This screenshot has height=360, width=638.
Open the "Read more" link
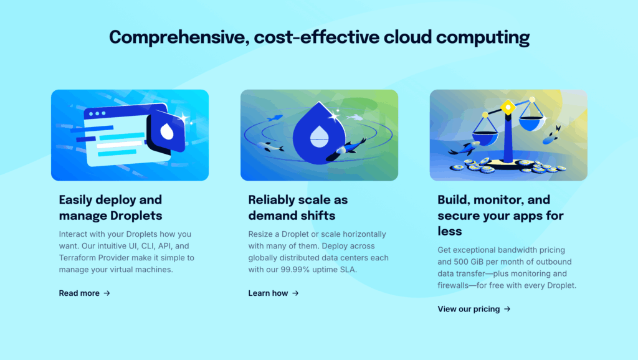(79, 293)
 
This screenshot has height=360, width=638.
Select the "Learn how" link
(268, 293)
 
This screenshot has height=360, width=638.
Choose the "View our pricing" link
(469, 309)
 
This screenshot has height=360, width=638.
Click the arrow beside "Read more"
(107, 293)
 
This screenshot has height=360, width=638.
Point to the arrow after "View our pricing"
(507, 309)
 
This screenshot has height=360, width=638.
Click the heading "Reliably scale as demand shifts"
(298, 208)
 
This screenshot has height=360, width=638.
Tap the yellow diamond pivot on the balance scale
(508, 107)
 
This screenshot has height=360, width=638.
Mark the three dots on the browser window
(98, 114)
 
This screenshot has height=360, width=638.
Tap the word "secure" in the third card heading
(459, 216)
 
